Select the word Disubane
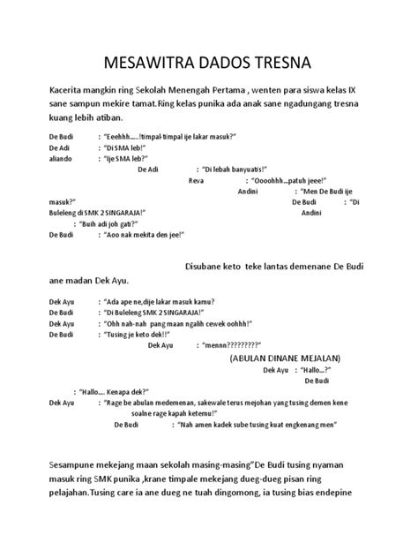209,267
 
